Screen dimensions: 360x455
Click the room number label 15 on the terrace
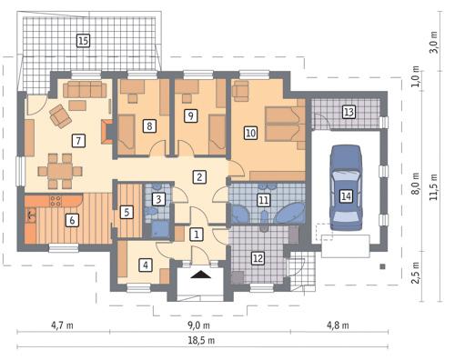pos(83,40)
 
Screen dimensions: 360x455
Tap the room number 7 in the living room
pos(79,140)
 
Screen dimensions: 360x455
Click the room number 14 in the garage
pos(346,195)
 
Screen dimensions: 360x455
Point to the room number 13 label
pos(348,112)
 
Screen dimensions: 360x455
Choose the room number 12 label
pos(258,259)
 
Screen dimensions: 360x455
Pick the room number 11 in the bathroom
pos(264,199)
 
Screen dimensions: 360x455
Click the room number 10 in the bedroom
pos(250,132)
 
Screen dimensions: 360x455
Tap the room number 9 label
pos(190,115)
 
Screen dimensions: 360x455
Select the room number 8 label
pos(148,125)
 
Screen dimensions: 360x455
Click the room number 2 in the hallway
pos(198,176)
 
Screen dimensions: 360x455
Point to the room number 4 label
pos(145,265)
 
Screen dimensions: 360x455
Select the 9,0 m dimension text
pos(198,324)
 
